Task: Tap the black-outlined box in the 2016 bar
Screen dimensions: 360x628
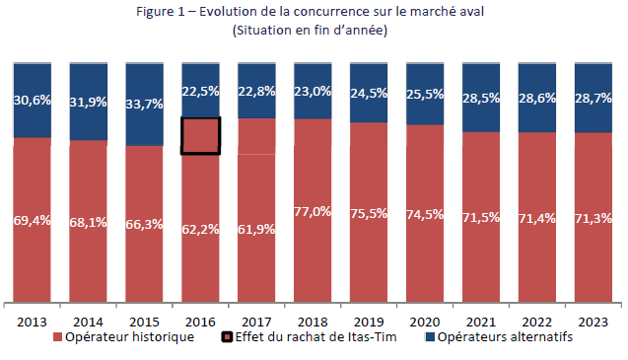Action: tap(200, 135)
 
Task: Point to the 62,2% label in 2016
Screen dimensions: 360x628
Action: tap(201, 228)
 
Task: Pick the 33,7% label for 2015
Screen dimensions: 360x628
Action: tap(145, 104)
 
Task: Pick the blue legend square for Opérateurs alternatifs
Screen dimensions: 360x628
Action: tap(429, 336)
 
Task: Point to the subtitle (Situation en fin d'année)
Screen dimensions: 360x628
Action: tap(310, 30)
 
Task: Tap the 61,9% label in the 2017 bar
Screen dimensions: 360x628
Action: tap(257, 229)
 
